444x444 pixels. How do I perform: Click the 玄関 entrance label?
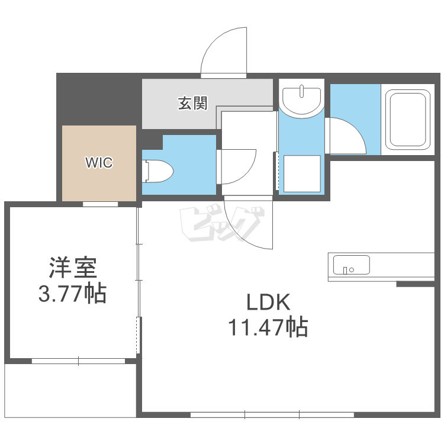[x=192, y=104]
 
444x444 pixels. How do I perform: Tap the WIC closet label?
[x=99, y=163]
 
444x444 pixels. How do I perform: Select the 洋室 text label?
[x=73, y=268]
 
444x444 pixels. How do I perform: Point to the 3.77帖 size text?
[x=72, y=293]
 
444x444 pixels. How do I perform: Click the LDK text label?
[x=268, y=302]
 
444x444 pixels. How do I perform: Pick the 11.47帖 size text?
[x=268, y=327]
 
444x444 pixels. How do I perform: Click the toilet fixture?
[x=158, y=171]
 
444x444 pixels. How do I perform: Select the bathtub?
[x=408, y=120]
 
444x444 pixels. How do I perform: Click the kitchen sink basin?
[x=352, y=265]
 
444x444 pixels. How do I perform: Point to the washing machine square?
[x=302, y=173]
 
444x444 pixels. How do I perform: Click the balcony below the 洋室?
[x=70, y=391]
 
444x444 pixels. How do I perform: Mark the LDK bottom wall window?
[x=272, y=415]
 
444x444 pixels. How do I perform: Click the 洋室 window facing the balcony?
[x=78, y=361]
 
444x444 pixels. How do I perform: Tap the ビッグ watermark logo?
[x=223, y=224]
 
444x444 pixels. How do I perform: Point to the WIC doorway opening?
[x=100, y=204]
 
